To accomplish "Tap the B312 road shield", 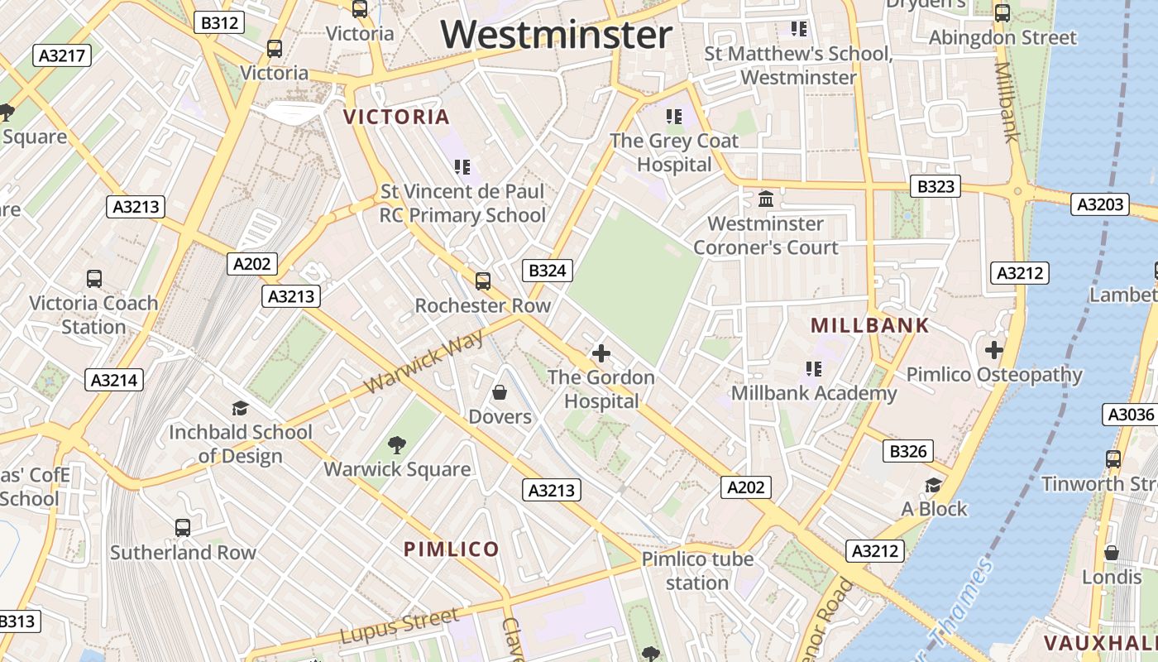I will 219,22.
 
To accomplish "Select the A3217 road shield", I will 62,55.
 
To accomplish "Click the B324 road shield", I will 547,270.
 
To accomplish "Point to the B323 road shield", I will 935,186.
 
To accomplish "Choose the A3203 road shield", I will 1099,204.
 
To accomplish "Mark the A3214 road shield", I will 114,380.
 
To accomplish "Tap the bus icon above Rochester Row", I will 483,281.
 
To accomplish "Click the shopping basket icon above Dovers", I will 500,391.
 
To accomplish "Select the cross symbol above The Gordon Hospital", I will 601,353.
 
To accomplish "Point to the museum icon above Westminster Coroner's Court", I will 766,199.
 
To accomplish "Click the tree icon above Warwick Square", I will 397,444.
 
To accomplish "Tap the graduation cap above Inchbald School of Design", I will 241,407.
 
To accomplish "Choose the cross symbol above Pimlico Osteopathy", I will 994,350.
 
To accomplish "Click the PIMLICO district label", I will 452,549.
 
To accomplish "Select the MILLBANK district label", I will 870,325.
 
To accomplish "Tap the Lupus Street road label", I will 400,626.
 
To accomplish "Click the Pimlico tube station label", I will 697,570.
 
